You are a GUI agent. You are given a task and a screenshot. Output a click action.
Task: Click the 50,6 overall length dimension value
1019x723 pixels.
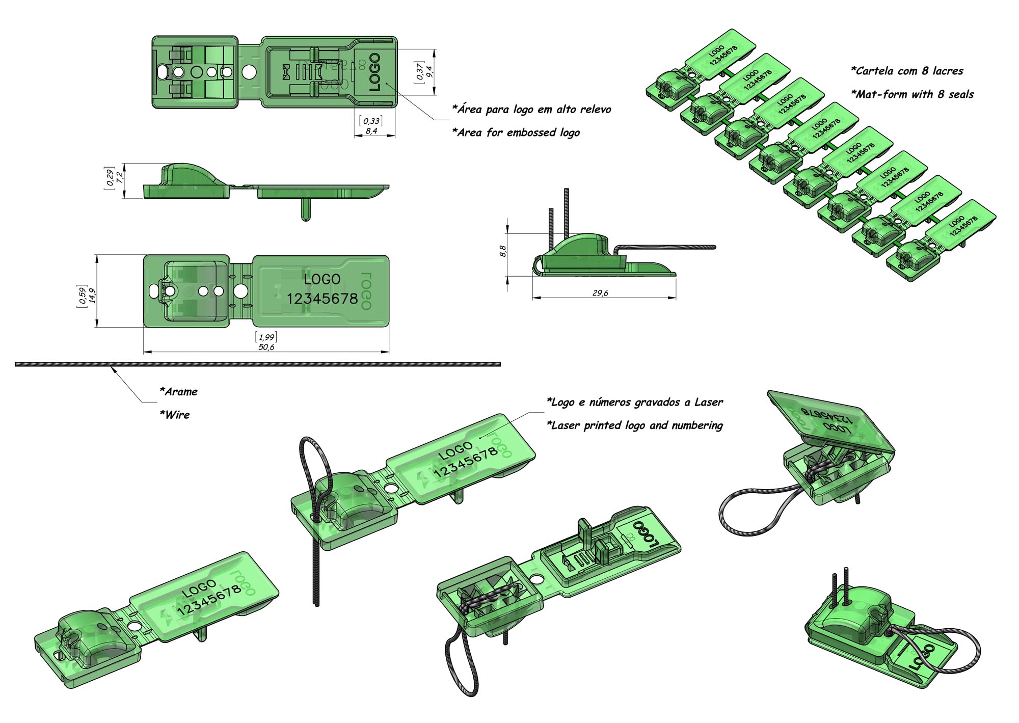pos(266,347)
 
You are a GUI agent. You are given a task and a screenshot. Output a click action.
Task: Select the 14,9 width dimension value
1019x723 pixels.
pos(93,296)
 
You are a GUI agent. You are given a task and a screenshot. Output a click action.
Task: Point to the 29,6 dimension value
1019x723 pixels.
pos(600,293)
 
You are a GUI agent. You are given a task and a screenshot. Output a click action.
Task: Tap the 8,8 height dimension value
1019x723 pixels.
pos(503,251)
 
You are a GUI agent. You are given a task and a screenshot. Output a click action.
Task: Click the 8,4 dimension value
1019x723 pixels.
pos(371,131)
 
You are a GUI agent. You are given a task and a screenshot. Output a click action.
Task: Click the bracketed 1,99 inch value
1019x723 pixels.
pos(266,337)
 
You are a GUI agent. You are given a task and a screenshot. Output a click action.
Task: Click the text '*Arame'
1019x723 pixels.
pos(178,392)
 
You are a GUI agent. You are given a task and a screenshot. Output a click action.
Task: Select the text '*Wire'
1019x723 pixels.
pos(175,415)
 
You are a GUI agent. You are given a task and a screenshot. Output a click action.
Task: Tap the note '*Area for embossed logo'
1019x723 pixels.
pos(516,132)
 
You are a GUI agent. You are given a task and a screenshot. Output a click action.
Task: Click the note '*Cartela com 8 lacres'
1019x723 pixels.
pos(907,71)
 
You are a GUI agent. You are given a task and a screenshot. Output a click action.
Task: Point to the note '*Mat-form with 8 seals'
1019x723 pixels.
pos(912,94)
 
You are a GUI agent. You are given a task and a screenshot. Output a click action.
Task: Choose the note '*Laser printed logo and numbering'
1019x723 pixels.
pos(634,425)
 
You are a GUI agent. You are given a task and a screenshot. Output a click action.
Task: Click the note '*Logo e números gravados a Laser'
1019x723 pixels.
pos(634,403)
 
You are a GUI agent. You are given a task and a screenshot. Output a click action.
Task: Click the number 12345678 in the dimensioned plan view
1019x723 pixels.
pos(322,299)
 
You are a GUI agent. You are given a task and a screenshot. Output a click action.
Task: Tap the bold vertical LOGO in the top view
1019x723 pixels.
pos(374,72)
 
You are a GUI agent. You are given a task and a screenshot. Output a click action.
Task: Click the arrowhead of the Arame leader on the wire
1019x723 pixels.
pos(113,368)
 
